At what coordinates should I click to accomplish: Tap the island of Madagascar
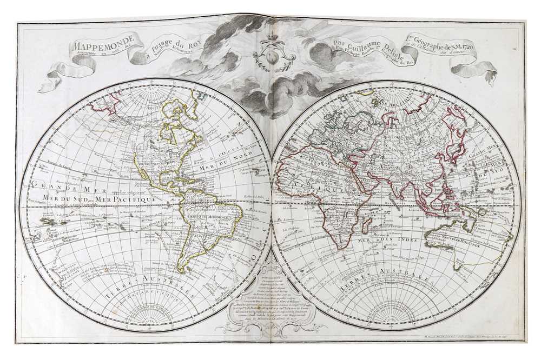[366, 231]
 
